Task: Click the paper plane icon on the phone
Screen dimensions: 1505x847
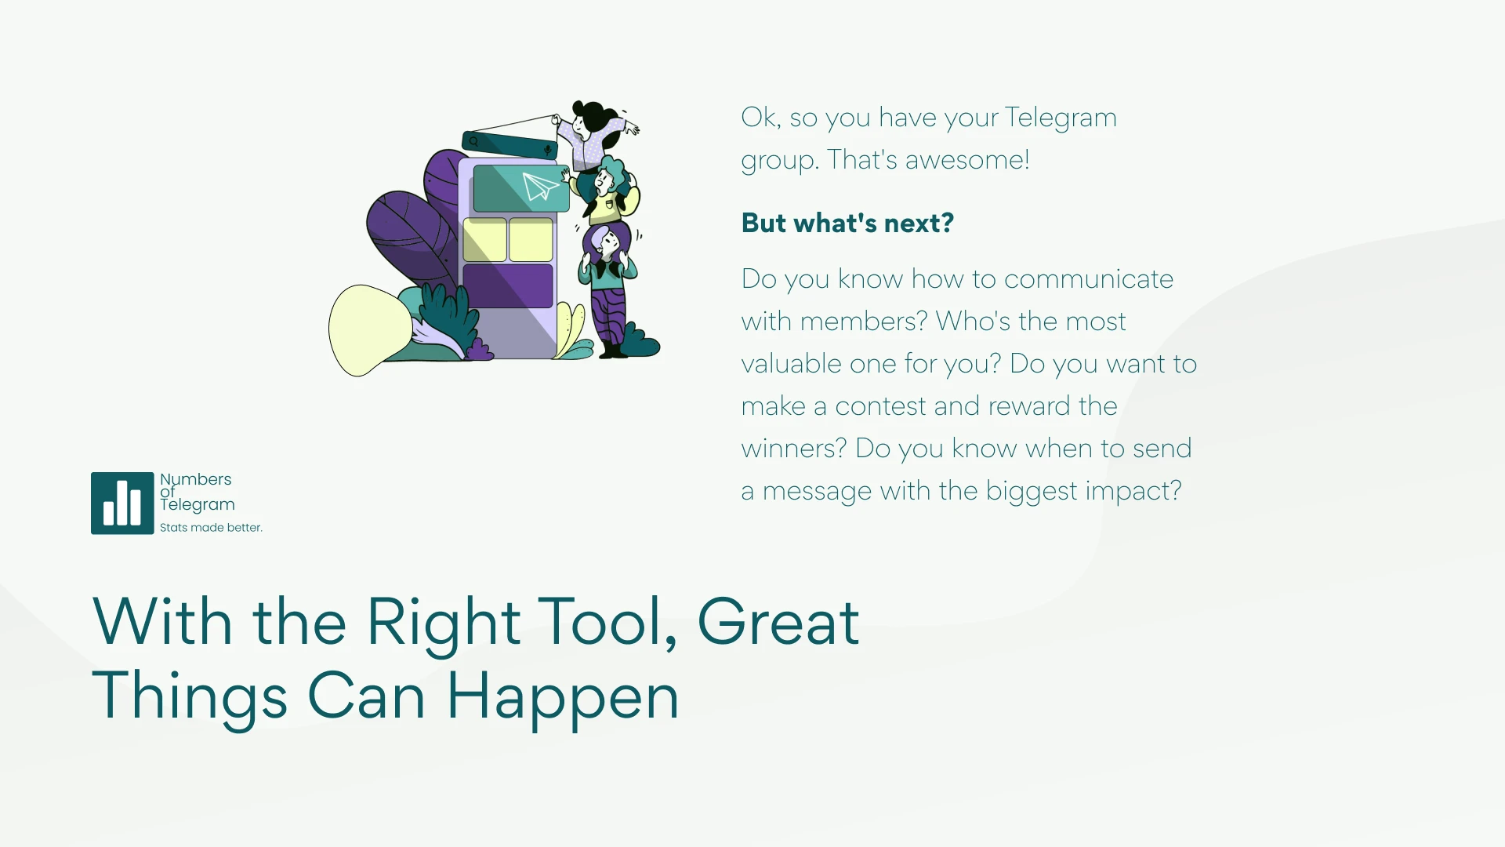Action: click(540, 187)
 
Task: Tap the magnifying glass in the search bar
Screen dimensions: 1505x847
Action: click(474, 142)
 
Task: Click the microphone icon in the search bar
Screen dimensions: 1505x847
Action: click(548, 149)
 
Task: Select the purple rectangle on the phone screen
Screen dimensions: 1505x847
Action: click(508, 286)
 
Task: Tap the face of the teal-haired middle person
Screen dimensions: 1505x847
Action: click(604, 183)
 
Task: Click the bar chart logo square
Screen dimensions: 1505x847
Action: click(122, 503)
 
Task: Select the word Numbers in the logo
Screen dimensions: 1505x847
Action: click(196, 479)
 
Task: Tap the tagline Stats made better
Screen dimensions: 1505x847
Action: click(211, 528)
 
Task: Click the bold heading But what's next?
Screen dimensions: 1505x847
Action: click(847, 224)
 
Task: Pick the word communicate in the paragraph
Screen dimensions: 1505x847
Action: click(1089, 279)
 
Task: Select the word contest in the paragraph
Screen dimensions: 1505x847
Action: click(881, 406)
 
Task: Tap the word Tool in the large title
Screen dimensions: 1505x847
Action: click(608, 622)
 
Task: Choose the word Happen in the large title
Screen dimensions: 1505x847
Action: click(563, 696)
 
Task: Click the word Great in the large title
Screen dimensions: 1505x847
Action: click(778, 622)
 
